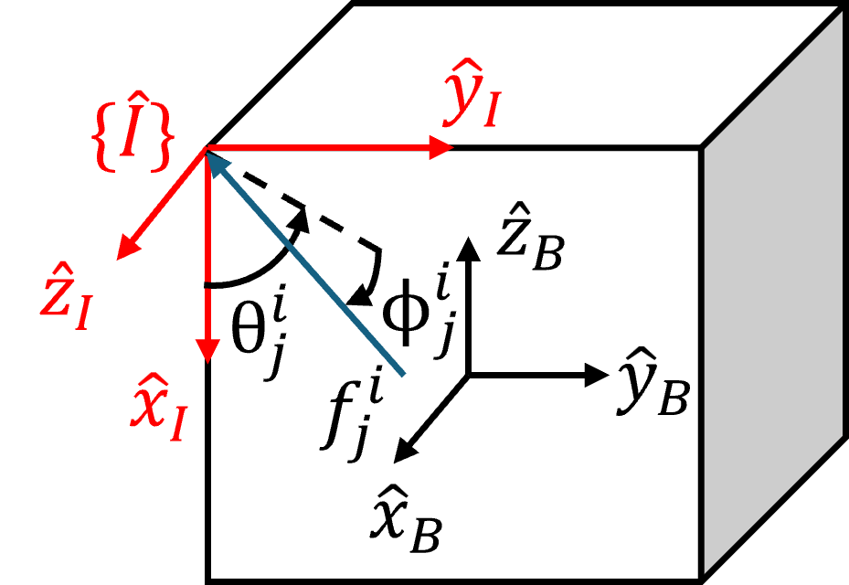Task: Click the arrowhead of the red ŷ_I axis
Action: click(442, 146)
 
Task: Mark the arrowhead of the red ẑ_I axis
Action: click(126, 249)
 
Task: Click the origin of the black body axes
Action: click(468, 374)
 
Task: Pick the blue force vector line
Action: click(311, 265)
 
